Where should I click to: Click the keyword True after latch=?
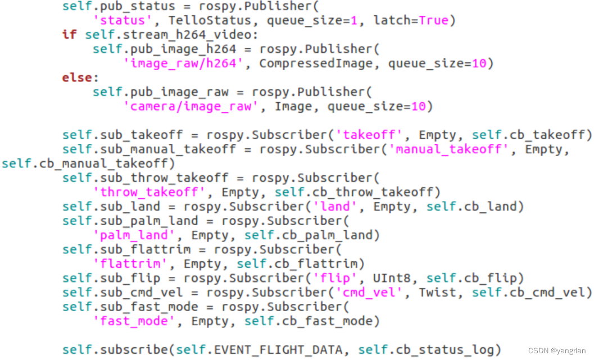tap(434, 21)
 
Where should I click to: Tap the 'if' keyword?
tap(69, 35)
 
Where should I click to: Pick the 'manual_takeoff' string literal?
tap(453, 149)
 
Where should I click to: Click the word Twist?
tap(438, 293)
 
